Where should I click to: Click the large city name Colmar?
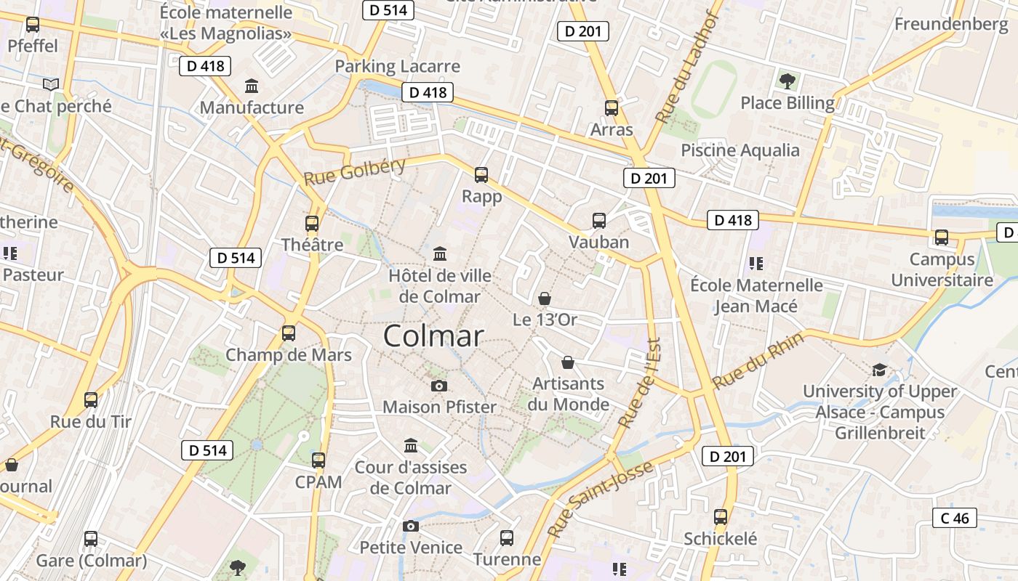433,336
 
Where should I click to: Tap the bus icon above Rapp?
481,174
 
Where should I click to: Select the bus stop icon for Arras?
612,108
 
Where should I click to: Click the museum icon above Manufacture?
252,86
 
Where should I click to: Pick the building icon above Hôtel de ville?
440,253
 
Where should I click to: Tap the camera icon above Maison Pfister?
438,386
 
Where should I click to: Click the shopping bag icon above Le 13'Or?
544,298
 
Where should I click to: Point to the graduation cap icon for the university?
879,370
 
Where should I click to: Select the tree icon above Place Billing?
787,81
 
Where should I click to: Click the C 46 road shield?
954,518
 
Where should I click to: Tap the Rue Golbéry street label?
354,171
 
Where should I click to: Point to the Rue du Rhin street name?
758,360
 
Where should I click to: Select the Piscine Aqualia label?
740,150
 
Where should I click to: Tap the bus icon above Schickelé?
720,517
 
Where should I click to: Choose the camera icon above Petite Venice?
411,526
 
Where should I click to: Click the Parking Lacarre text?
397,66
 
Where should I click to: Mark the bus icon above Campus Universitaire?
942,237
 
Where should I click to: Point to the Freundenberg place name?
952,24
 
